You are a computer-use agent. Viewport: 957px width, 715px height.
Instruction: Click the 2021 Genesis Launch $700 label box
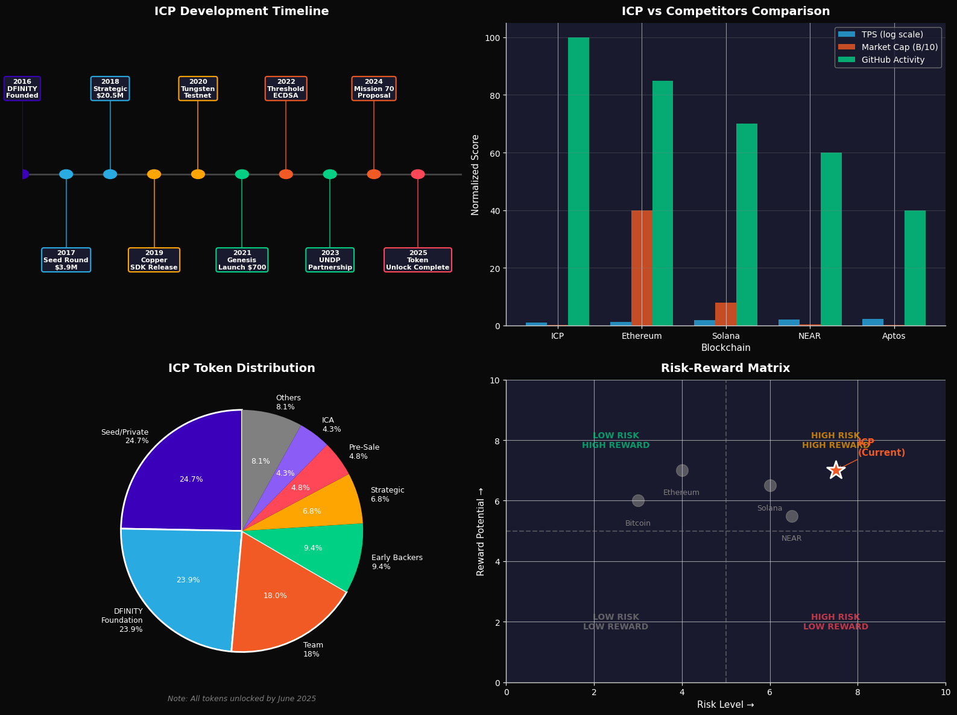pos(242,260)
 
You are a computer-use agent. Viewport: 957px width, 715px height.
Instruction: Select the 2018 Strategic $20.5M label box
pos(110,89)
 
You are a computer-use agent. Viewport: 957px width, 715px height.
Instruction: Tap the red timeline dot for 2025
pos(418,174)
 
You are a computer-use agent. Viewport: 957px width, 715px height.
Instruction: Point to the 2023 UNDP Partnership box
pos(330,260)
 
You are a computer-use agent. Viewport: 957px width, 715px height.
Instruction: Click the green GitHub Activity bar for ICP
pos(578,181)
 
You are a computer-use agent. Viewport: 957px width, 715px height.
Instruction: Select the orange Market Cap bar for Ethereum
pos(642,268)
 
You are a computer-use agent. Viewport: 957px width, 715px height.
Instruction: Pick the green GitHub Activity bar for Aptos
pos(915,268)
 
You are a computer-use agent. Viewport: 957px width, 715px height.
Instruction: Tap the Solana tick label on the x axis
pos(725,336)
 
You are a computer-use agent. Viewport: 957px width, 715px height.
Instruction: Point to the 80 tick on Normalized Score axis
pos(493,95)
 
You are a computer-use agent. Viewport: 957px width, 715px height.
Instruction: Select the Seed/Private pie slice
pos(187,476)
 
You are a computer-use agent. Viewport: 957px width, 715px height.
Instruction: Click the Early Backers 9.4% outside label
pos(397,562)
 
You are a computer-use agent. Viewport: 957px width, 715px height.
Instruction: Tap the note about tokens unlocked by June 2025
pos(242,699)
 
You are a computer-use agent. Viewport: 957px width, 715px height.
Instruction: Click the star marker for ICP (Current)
pos(835,470)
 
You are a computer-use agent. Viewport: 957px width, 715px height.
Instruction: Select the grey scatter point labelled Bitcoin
pos(638,500)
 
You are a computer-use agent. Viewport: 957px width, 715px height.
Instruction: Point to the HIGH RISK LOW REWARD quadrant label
pos(835,622)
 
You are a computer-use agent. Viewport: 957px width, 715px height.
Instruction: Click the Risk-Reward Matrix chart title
pos(725,368)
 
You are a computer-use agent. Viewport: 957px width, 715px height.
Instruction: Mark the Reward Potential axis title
pos(481,531)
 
